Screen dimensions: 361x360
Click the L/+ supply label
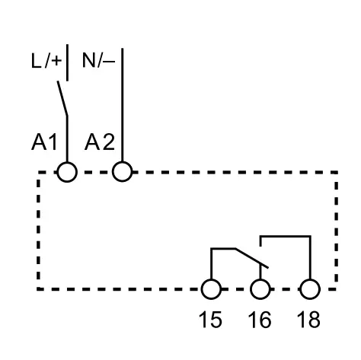[x=46, y=61]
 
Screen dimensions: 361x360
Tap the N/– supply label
[x=98, y=60]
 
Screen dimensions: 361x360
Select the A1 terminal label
[x=44, y=142]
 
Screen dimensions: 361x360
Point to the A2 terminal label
[x=100, y=142]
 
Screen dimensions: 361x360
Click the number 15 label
[x=210, y=320]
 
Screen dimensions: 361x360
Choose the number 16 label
[x=260, y=320]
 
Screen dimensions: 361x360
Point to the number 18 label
[x=308, y=320]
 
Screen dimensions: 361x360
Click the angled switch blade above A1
[x=62, y=98]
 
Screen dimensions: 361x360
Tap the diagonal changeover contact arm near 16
[x=251, y=258]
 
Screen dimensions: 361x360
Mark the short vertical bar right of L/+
[x=67, y=62]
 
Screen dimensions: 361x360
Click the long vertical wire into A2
[x=123, y=105]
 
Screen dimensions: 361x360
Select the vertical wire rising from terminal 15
[x=211, y=264]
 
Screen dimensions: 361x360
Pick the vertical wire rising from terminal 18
[x=310, y=257]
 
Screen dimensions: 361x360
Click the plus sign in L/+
[x=56, y=61]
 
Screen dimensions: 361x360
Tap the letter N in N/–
[x=88, y=60]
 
